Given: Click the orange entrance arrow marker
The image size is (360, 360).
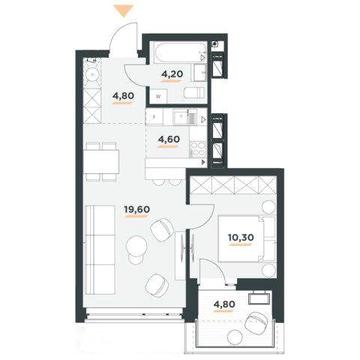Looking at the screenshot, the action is (x=123, y=10).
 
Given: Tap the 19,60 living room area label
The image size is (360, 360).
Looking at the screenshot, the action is (x=137, y=210).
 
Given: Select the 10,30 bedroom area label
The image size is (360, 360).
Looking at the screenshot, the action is (x=241, y=237).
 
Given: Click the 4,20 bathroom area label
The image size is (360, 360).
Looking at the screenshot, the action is (x=172, y=74).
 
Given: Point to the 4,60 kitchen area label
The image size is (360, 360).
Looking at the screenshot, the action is (x=169, y=139).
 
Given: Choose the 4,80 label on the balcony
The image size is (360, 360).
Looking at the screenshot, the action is (x=225, y=304).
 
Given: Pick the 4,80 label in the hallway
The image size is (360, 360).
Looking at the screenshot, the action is (x=123, y=96).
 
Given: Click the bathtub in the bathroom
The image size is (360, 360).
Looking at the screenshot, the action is (x=178, y=52).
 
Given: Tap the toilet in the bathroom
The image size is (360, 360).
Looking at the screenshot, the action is (x=193, y=93).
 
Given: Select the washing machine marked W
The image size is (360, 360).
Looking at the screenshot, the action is (x=159, y=97).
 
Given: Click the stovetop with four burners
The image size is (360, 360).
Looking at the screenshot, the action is (x=198, y=149).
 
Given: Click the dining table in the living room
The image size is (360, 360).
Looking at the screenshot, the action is (x=102, y=161).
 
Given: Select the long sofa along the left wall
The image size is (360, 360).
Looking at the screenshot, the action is (x=100, y=250).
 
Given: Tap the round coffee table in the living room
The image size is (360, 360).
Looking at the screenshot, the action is (x=137, y=245).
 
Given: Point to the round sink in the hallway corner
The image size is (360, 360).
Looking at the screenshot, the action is (x=91, y=76).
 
